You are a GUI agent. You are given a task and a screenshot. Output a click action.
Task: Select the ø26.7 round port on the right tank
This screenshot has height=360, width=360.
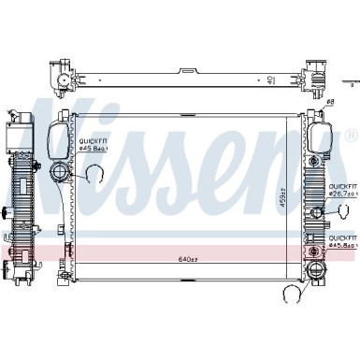[x=317, y=212]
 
